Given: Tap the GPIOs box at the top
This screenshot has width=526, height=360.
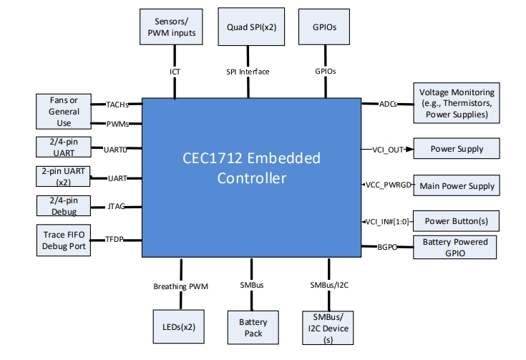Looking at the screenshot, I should pyautogui.click(x=325, y=27).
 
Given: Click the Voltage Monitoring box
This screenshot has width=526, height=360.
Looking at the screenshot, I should pyautogui.click(x=457, y=103).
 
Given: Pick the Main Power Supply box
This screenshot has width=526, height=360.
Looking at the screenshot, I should pyautogui.click(x=457, y=186).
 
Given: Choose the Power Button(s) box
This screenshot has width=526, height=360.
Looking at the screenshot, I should pyautogui.click(x=457, y=220).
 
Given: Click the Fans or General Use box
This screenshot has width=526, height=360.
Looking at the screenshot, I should pyautogui.click(x=64, y=112).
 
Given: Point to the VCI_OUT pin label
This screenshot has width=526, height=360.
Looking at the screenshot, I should pyautogui.click(x=387, y=150).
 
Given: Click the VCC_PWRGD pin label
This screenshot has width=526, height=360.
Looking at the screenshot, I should pyautogui.click(x=387, y=185).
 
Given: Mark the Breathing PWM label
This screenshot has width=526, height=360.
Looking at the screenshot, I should pyautogui.click(x=180, y=286).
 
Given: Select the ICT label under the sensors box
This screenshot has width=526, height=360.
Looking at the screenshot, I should pyautogui.click(x=175, y=72).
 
